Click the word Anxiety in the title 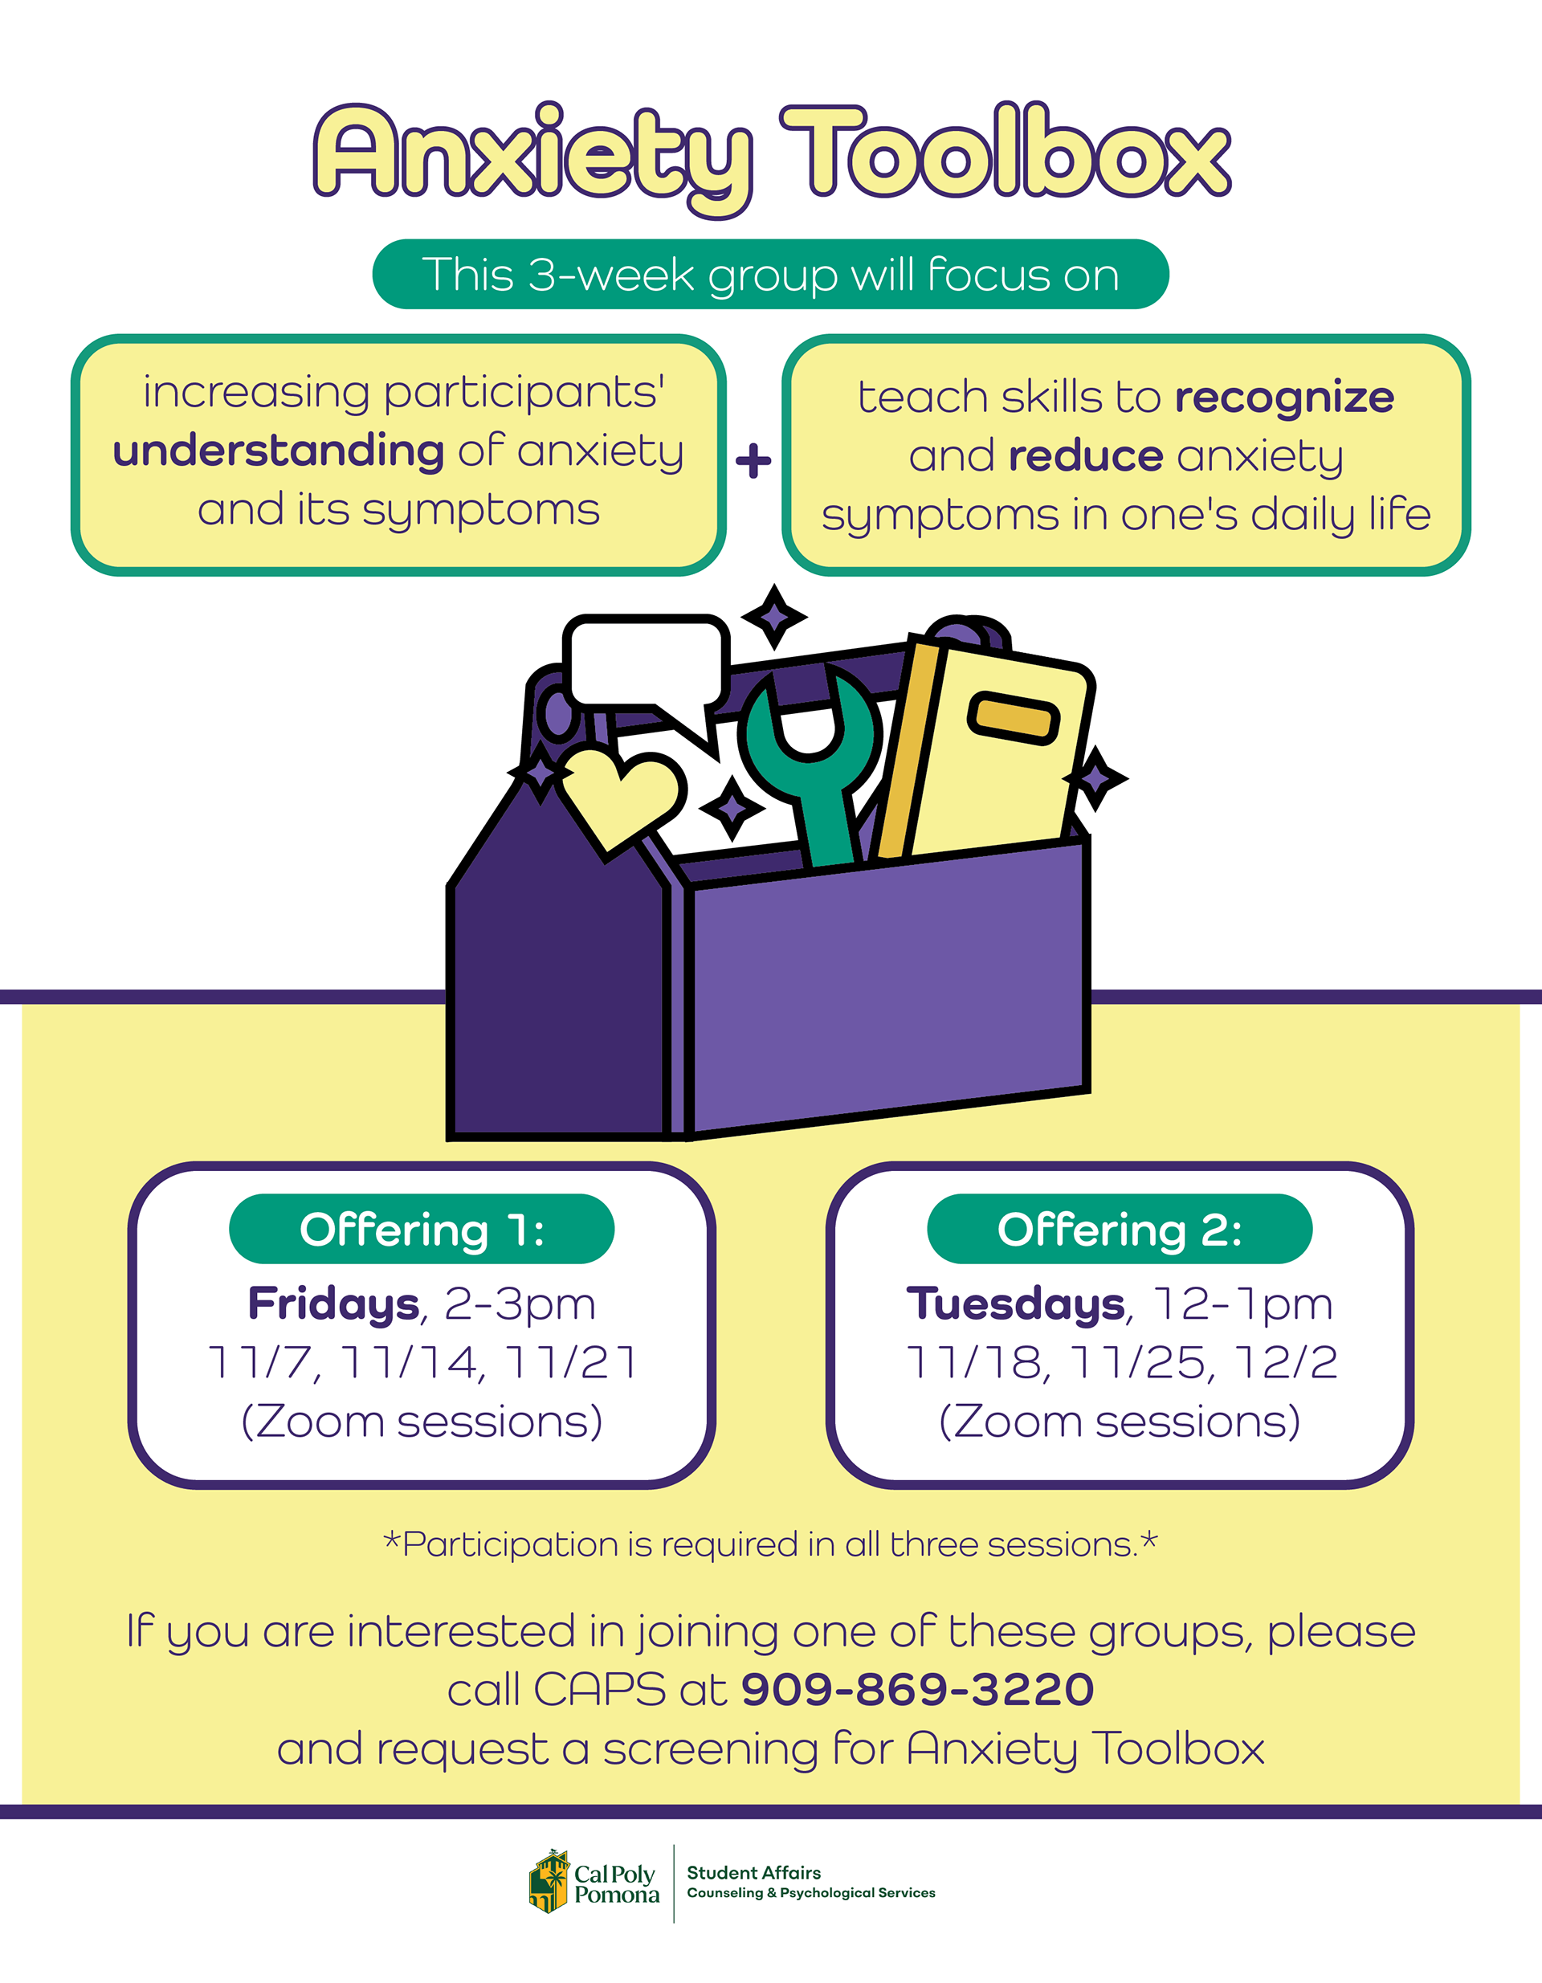[x=531, y=154]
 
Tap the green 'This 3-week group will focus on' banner [x=770, y=274]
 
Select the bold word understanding [x=278, y=451]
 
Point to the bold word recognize [x=1284, y=398]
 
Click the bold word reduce [x=1085, y=456]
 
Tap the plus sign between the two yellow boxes [x=753, y=460]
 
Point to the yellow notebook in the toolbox [x=999, y=753]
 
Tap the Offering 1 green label [x=422, y=1230]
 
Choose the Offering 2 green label [x=1119, y=1230]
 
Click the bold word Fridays [x=333, y=1304]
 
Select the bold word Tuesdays [x=1015, y=1304]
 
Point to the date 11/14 [x=410, y=1362]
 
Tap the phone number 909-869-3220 [x=917, y=1689]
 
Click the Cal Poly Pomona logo [x=595, y=1883]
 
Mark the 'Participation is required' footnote [x=770, y=1544]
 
